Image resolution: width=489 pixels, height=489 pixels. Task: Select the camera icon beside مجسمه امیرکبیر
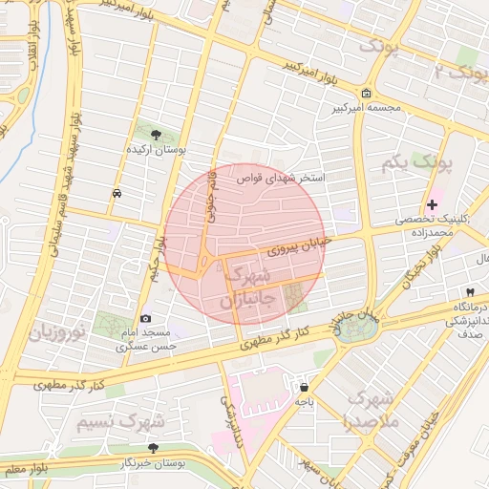click(367, 93)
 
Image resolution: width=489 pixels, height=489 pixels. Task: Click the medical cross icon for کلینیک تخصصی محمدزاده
click(433, 204)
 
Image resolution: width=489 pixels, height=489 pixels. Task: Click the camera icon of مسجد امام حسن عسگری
click(145, 318)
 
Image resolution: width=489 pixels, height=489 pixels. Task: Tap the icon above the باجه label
click(303, 388)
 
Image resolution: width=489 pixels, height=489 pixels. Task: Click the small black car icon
click(116, 193)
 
